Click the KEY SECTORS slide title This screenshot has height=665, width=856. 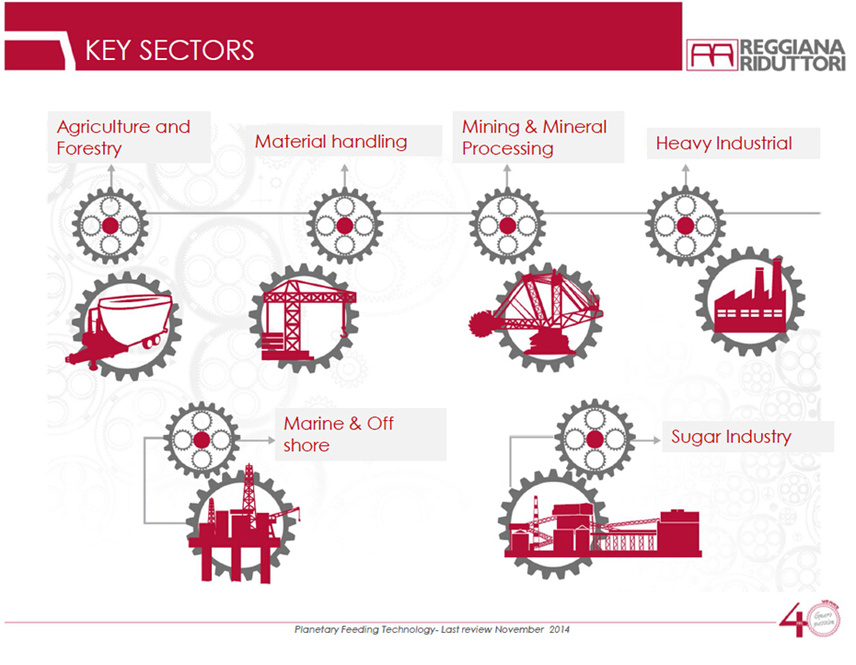pos(168,49)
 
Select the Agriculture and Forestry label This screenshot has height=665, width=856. pos(123,137)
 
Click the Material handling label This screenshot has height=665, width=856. pos(330,142)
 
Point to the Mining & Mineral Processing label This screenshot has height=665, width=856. pos(534,137)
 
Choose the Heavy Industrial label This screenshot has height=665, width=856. pos(723,144)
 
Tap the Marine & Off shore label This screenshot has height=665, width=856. pos(339,434)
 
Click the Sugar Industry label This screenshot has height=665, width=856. pos(731,437)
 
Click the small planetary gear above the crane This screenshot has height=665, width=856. pos(343,227)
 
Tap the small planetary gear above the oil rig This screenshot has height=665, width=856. pos(202,439)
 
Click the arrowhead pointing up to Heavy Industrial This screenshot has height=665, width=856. pos(685,169)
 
